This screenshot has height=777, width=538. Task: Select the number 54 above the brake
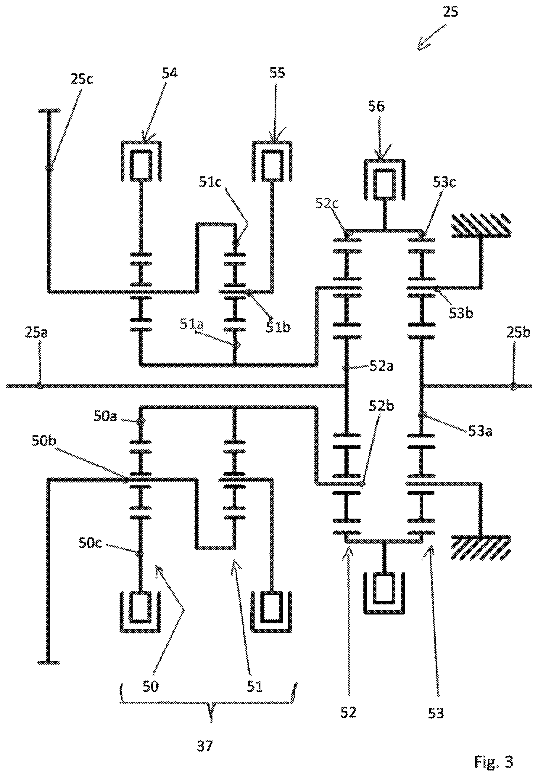[x=169, y=73]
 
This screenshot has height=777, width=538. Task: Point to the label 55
[x=277, y=73]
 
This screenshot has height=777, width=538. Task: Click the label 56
[x=376, y=106]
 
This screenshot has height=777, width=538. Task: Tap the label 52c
[x=327, y=203]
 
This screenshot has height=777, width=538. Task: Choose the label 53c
[x=444, y=182]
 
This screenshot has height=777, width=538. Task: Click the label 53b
[x=461, y=313]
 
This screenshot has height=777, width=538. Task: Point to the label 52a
[x=381, y=366]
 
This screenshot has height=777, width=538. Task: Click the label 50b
[x=44, y=441]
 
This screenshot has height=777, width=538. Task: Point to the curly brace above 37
[x=209, y=703]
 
